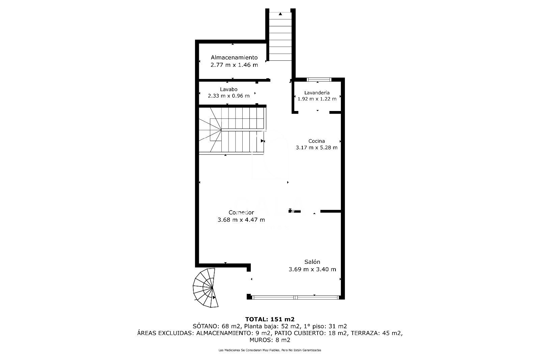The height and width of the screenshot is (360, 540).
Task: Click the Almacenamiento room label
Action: click(x=234, y=57)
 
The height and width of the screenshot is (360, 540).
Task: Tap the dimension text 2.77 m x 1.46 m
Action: click(x=234, y=65)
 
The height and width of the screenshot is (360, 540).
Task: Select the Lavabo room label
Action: click(x=229, y=89)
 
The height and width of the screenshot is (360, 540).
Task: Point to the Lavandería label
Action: click(x=317, y=92)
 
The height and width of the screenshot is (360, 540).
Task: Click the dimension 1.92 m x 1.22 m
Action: click(x=317, y=99)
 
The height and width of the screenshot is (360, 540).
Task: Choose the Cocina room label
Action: click(x=317, y=141)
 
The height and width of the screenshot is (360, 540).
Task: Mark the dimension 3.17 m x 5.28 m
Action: click(x=317, y=147)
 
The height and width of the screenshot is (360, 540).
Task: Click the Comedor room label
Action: click(x=241, y=213)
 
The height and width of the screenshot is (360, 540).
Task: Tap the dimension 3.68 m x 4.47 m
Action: click(x=241, y=220)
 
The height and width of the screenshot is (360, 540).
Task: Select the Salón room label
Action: click(x=312, y=262)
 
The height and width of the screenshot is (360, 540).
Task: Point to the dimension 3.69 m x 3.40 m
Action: click(x=312, y=269)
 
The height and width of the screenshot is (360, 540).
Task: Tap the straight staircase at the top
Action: click(x=280, y=35)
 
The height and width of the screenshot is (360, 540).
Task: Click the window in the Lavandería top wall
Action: click(x=319, y=80)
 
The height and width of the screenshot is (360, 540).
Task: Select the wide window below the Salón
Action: click(x=295, y=297)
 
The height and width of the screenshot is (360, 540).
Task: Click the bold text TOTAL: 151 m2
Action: click(x=270, y=319)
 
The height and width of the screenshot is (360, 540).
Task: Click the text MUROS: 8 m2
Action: click(x=270, y=340)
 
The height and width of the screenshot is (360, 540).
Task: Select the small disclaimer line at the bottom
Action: click(x=270, y=350)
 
